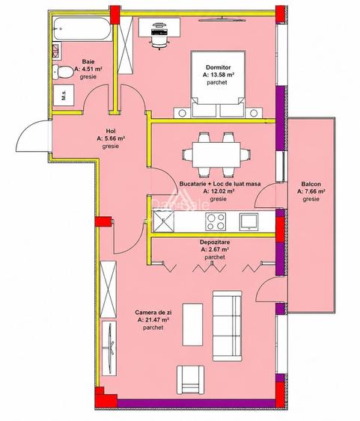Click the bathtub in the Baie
(82, 28)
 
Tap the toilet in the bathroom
(63, 72)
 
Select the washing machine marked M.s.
(64, 95)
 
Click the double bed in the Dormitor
(218, 84)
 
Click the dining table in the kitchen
(216, 155)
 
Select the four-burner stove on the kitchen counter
(216, 221)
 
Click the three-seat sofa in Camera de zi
(228, 326)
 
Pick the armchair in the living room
(190, 379)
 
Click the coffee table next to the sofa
(192, 325)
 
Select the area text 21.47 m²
(153, 320)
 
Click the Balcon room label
(311, 184)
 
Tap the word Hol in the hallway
(111, 131)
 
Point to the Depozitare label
(215, 242)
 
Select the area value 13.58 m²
(219, 75)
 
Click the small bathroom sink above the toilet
(57, 50)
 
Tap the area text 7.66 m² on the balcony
(311, 191)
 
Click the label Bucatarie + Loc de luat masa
(220, 184)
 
